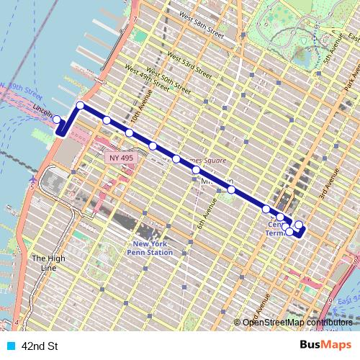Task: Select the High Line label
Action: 43,264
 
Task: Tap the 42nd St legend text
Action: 40,346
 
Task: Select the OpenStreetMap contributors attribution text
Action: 297,323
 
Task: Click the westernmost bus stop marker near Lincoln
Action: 57,119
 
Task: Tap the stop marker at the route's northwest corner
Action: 81,106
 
